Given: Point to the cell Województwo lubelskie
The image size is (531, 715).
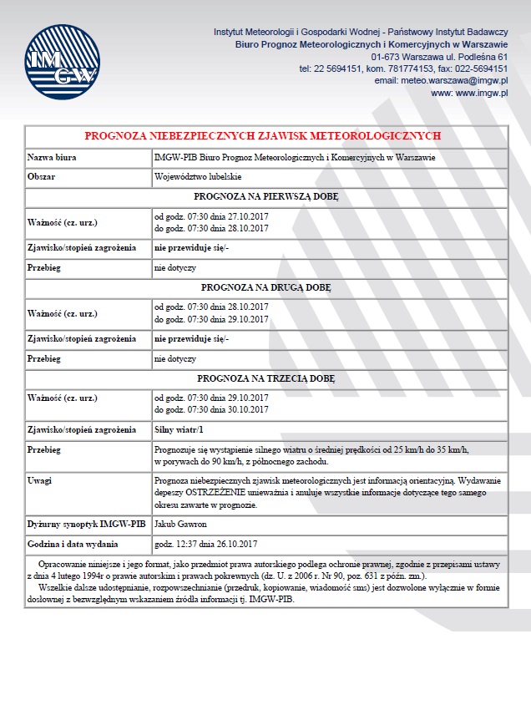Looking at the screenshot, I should point(198,177).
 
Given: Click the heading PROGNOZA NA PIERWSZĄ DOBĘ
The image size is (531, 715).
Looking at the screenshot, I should point(265,197).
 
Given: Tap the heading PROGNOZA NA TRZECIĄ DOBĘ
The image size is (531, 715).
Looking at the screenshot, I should point(265,378).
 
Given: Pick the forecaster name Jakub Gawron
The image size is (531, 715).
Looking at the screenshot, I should point(180,525).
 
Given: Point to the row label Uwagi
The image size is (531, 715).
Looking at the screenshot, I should point(39,481).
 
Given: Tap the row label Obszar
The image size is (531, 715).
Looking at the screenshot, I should point(41,177).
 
